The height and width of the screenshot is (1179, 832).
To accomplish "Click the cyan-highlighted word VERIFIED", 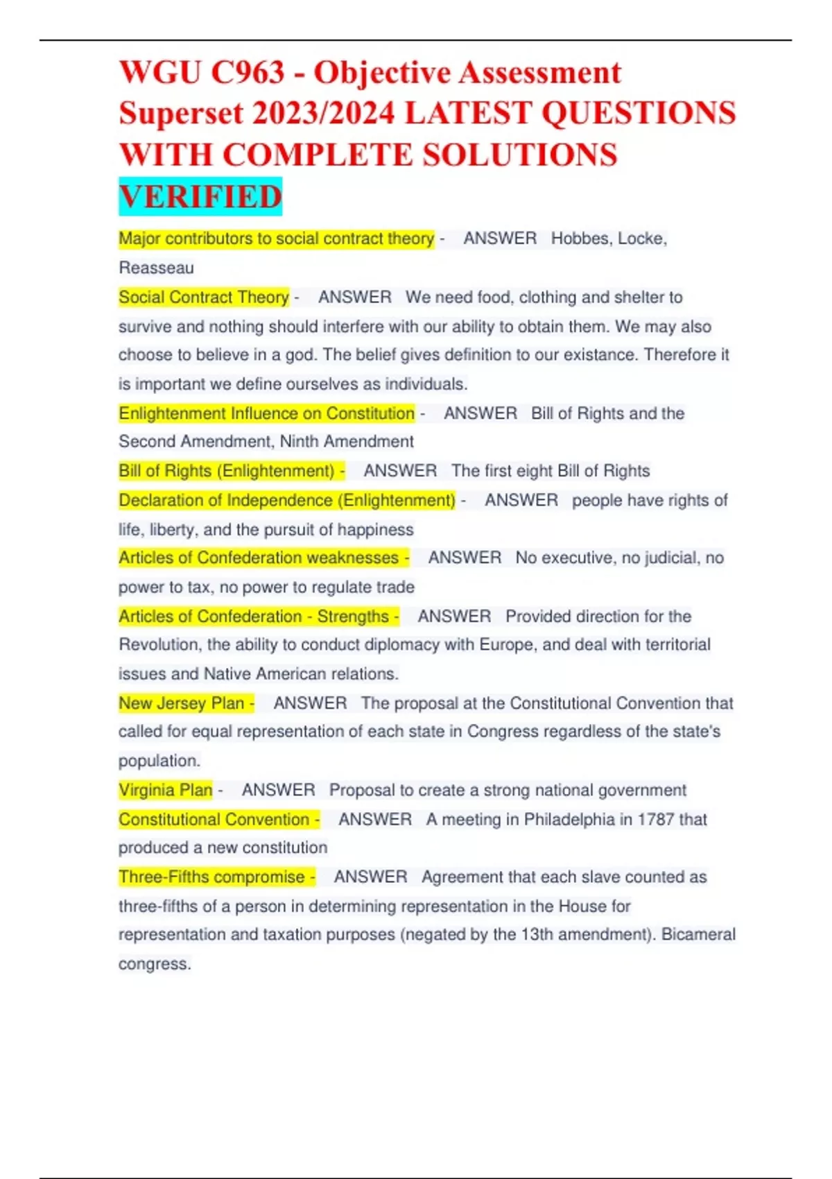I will (200, 197).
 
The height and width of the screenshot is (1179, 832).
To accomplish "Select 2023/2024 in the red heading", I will (324, 114).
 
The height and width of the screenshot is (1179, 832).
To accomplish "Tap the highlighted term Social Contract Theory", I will (203, 298).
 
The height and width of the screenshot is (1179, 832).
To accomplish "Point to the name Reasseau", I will (156, 268).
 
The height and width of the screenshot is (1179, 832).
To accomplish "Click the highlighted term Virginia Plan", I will (165, 790).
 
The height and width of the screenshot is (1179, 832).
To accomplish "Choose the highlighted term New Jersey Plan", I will (182, 703).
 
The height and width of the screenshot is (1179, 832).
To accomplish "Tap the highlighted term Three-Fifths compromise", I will (211, 877).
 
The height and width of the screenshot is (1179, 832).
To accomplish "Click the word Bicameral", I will (698, 934).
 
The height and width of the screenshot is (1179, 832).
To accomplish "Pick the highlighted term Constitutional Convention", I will (214, 819).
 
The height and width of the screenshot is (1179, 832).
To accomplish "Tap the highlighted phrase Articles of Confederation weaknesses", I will (259, 558).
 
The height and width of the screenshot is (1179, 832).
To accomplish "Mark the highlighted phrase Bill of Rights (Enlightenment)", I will (227, 471).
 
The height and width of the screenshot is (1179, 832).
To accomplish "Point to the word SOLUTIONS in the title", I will (519, 155).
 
